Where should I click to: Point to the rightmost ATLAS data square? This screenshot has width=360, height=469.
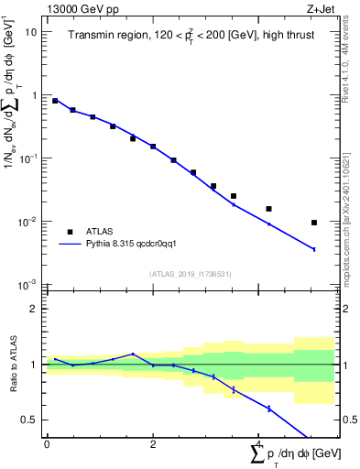[x=314, y=223]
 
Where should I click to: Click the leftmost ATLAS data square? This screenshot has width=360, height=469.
[x=55, y=101]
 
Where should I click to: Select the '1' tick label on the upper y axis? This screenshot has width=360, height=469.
[x=35, y=95]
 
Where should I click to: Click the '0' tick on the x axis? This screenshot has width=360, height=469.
[x=47, y=444]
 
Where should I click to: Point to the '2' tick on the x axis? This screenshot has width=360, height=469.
[x=153, y=444]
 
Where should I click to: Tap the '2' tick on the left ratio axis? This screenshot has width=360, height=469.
[x=35, y=309]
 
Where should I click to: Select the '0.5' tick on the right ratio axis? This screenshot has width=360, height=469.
[x=349, y=420]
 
